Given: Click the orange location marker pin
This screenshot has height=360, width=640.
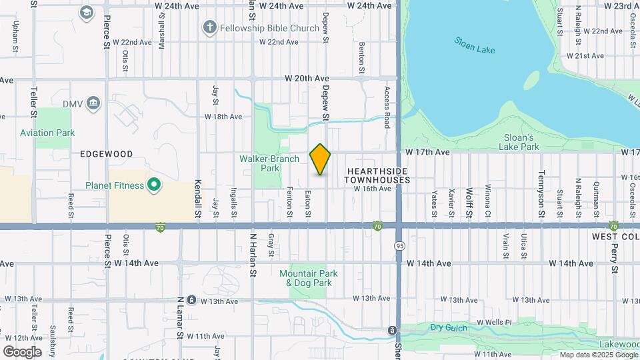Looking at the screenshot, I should tap(321, 159).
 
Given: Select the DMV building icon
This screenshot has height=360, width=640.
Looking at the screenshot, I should tap(93, 103).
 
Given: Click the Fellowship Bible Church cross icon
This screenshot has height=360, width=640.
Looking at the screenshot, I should tap(210, 28).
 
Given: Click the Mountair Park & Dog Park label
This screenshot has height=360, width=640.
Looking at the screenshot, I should tap(309, 278).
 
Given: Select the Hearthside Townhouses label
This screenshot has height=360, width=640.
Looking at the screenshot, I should tap(377, 175).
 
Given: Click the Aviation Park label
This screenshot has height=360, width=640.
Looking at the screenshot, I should tap(47, 133).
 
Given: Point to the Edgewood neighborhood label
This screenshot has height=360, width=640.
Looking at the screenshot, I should tap(107, 154).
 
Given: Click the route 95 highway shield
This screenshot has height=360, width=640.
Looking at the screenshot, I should tap(397, 245).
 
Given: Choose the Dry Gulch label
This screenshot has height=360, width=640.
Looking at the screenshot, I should tap(446, 327).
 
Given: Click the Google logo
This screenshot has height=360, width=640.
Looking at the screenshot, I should tap(23, 351).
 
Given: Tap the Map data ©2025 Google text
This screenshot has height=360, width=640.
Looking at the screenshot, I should tap(598, 355).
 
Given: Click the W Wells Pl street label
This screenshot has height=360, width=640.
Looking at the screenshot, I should tap(494, 323).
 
